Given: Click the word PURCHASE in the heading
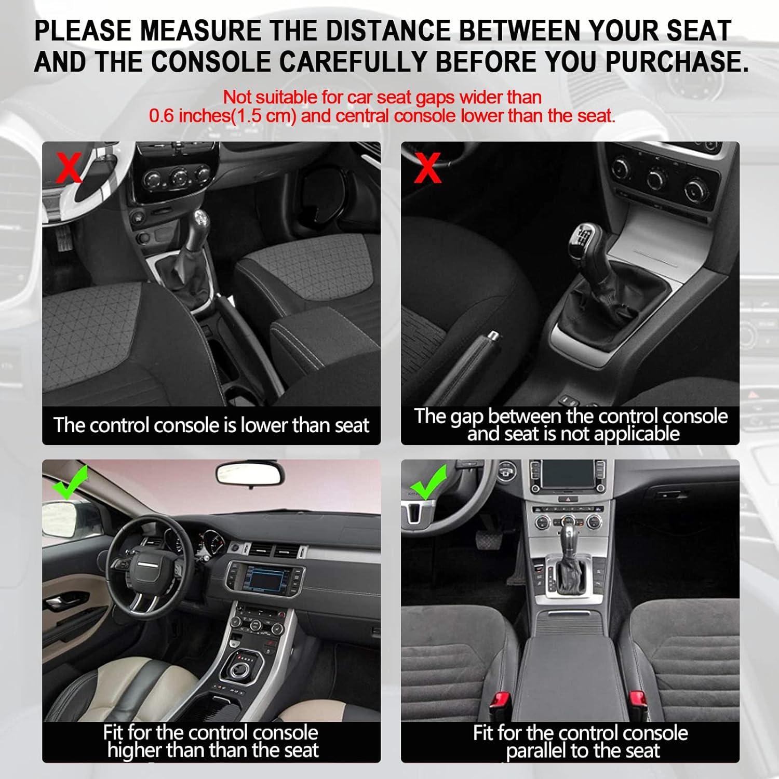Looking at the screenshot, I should [677, 62].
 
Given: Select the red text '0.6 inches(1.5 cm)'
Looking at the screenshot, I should [222, 115].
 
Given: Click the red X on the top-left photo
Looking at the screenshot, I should [69, 167].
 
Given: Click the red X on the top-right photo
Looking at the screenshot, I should [427, 168].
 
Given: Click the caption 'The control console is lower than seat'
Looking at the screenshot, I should [211, 425].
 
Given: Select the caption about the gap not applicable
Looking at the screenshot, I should [570, 425].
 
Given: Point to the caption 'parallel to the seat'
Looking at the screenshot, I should [583, 750].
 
